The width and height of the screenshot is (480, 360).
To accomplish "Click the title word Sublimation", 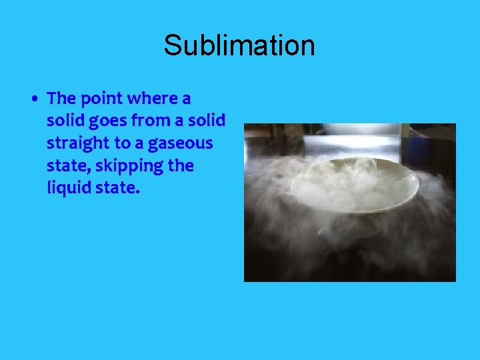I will tap(239, 46).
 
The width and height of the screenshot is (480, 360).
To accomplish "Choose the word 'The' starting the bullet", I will tap(61, 99).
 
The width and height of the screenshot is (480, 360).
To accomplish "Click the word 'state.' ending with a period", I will tap(117, 189).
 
